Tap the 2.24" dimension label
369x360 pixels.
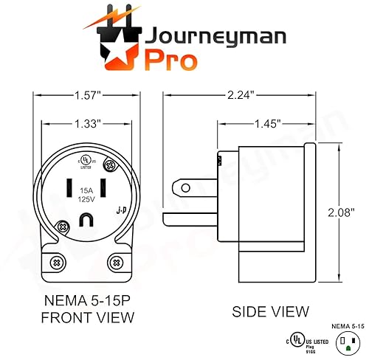click(x=240, y=95)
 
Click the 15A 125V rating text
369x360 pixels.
click(x=88, y=194)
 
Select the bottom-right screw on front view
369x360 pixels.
click(x=117, y=262)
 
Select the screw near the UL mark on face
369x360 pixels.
click(x=112, y=166)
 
